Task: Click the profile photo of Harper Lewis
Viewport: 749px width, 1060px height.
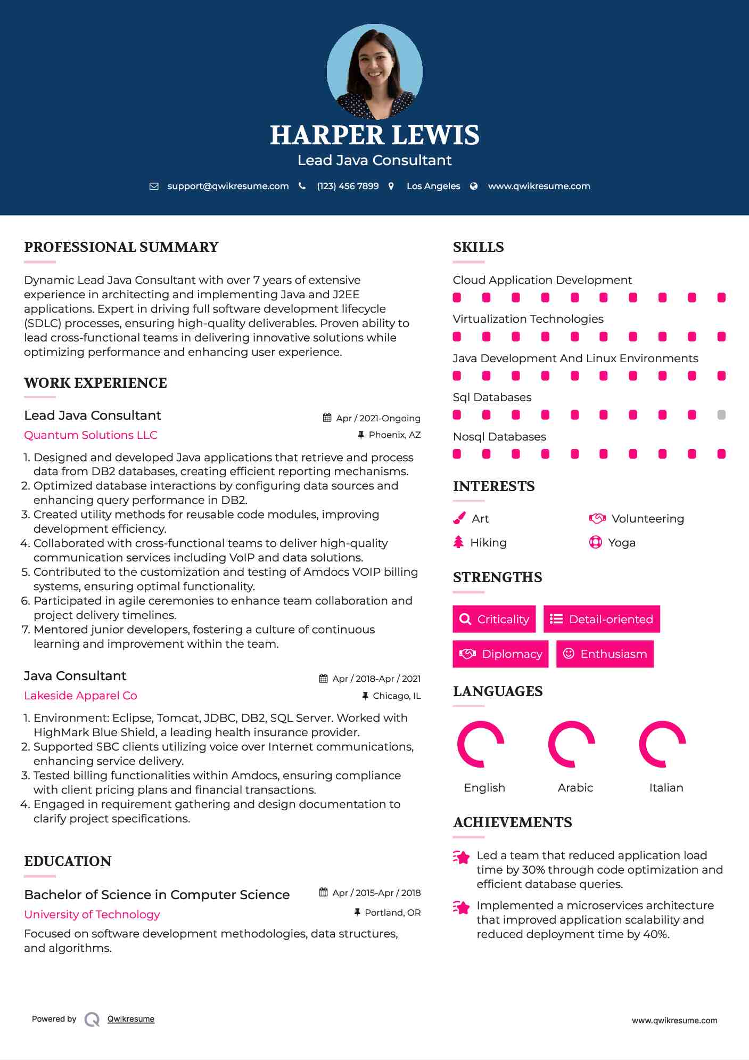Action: point(374,71)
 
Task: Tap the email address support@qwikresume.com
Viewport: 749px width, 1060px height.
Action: point(228,186)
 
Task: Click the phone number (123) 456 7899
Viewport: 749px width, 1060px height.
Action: point(348,186)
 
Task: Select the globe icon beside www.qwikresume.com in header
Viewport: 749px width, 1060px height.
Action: point(474,186)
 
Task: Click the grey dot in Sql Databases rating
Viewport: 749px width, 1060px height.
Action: point(721,415)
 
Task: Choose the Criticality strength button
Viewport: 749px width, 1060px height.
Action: point(494,619)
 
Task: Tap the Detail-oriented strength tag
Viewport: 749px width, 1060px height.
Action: point(602,619)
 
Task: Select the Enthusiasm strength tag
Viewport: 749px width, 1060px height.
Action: point(605,654)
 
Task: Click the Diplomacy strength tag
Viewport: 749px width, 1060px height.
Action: point(500,654)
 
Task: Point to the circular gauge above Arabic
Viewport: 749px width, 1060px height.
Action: point(571,744)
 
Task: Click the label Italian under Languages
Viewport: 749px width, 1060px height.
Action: point(666,787)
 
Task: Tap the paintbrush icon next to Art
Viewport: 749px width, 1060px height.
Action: point(459,518)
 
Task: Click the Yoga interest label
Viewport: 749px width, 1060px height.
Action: point(621,542)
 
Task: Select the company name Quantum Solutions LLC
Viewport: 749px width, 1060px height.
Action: point(90,435)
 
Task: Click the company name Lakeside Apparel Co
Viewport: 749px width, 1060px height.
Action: point(80,695)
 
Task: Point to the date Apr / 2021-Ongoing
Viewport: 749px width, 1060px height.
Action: point(378,418)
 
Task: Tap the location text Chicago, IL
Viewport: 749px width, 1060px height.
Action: point(397,696)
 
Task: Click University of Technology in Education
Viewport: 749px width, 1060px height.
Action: point(92,914)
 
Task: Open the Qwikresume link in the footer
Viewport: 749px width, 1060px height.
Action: point(131,1018)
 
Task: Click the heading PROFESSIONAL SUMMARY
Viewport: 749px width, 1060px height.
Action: point(121,247)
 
